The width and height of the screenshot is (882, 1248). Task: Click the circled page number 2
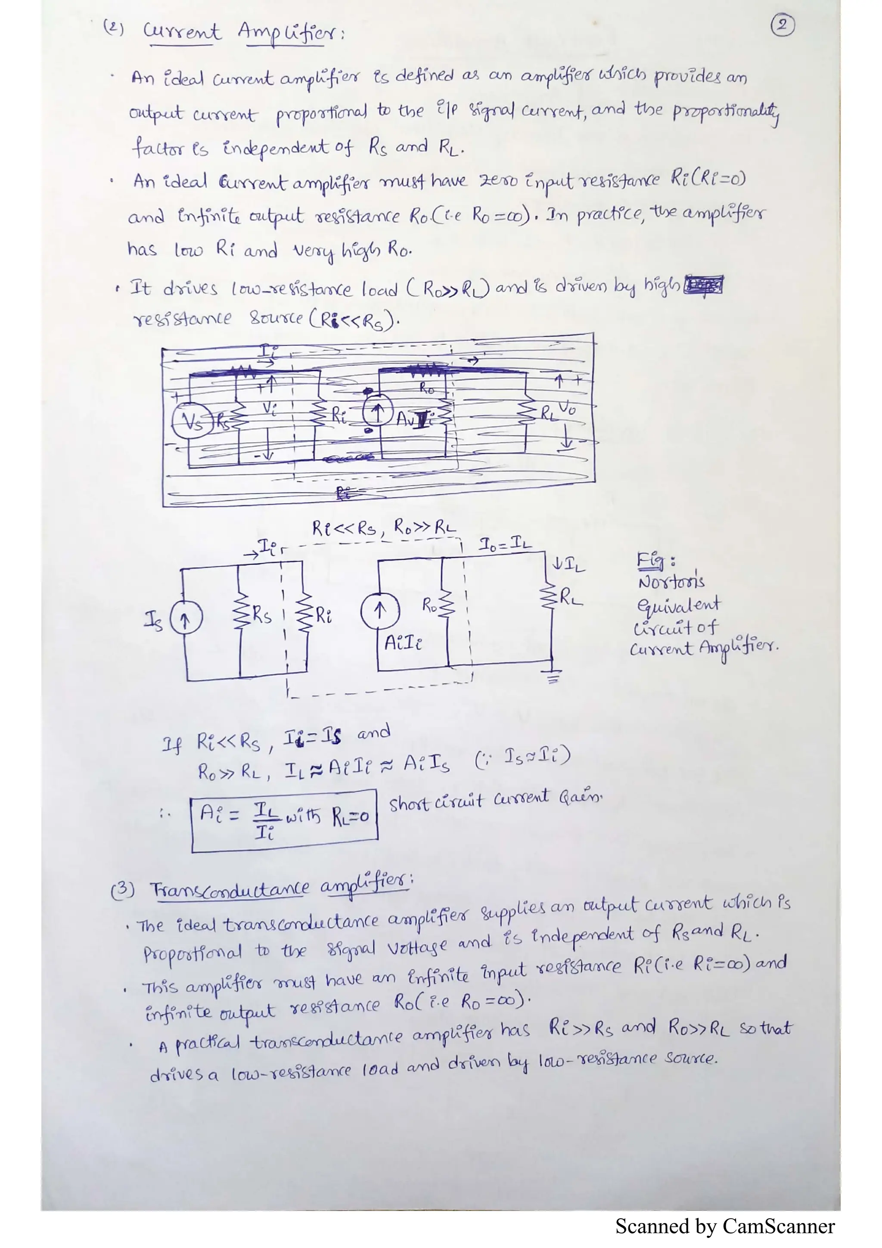pos(782,25)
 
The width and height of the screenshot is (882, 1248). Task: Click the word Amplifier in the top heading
pos(290,34)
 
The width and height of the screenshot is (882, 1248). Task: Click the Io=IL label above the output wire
pos(505,543)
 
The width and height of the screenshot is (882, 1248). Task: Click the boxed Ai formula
pos(284,820)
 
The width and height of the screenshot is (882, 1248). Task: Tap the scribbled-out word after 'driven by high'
pos(703,285)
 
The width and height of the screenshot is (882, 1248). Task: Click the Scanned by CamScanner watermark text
pos(724,1226)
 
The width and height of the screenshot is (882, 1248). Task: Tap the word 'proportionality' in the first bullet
pos(726,112)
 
